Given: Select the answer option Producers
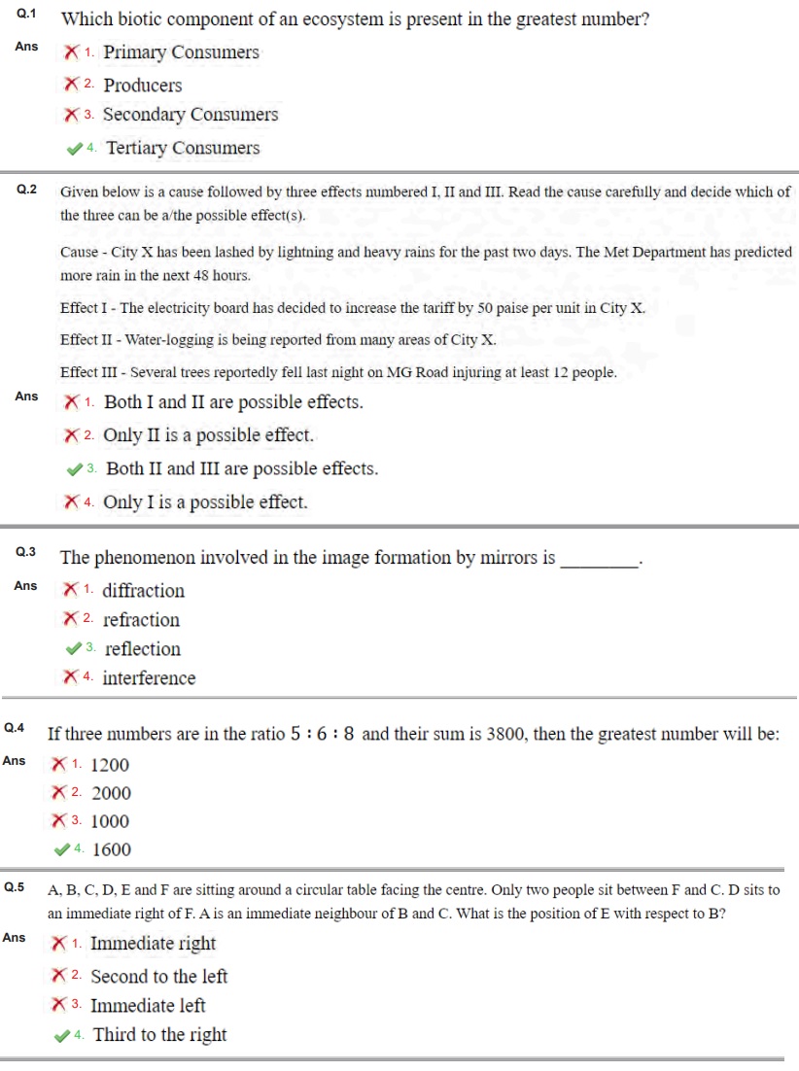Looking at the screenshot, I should [x=142, y=86].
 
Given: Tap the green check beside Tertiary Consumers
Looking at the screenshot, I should [x=73, y=149].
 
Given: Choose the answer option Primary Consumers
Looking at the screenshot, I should [x=181, y=52].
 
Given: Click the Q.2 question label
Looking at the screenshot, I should [x=27, y=190].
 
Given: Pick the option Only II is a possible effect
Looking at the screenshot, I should [x=208, y=435].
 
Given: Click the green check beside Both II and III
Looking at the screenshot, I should [x=74, y=469].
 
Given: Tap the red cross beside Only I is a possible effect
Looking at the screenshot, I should [x=71, y=502].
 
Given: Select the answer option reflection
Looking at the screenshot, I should [x=143, y=649].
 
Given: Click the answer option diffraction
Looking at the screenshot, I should [x=143, y=591].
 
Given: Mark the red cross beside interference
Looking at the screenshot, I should [x=71, y=677].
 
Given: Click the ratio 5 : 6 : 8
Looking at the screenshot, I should [x=322, y=735].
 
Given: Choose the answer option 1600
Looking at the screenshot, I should [x=111, y=849].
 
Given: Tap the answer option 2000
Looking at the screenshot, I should [x=111, y=793].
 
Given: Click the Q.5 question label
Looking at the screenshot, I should [x=15, y=887].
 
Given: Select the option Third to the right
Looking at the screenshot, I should [x=159, y=1035].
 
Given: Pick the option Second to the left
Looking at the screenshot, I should [x=158, y=977].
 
